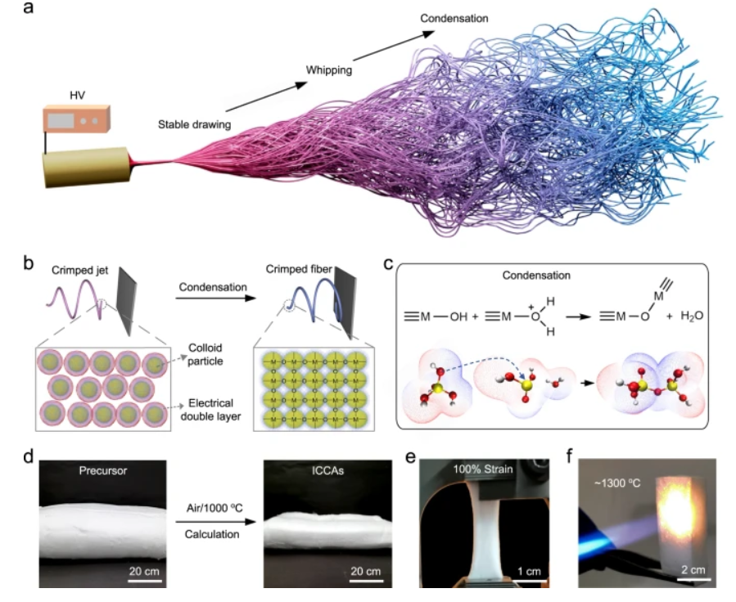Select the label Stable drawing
194,125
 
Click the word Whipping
329,70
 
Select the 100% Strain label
489,469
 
